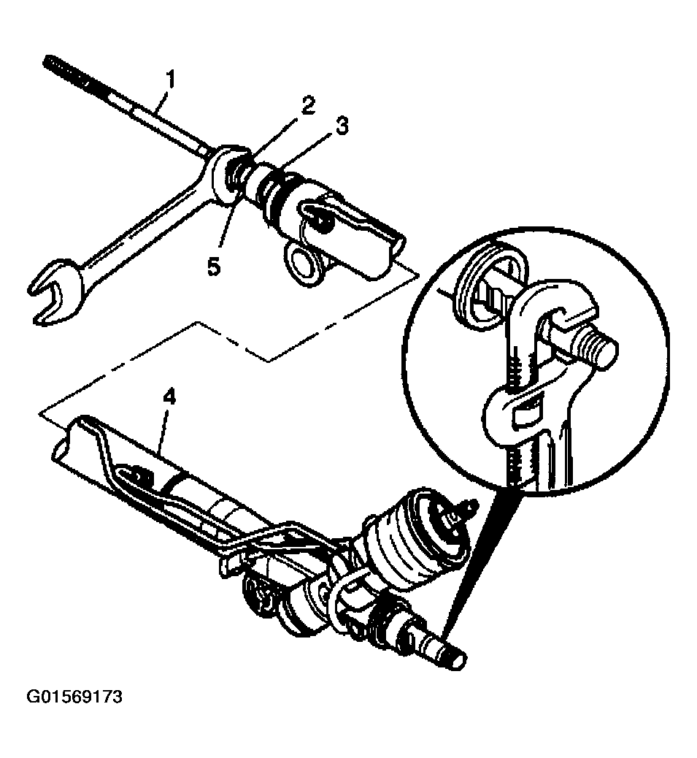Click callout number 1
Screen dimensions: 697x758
point(169,80)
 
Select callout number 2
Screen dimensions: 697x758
point(308,105)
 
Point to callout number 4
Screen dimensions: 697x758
point(169,398)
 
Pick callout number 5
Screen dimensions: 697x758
point(214,266)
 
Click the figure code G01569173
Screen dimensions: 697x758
point(74,697)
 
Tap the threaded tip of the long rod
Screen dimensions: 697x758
point(65,72)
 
